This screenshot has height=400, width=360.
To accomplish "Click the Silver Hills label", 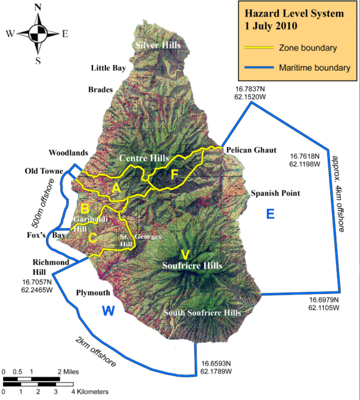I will point(157,46).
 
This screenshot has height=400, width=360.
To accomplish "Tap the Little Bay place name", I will point(108,68).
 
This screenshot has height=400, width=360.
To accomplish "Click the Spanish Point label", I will point(275,193).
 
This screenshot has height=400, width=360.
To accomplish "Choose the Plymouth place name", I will point(92,293).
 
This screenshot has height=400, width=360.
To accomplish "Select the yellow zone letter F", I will point(174,174).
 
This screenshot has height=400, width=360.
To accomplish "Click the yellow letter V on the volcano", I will point(184,254).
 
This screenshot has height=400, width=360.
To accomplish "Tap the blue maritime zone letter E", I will point(270,215).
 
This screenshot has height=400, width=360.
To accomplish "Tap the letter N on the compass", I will point(38,7).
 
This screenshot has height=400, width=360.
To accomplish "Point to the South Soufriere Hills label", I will point(202,313).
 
